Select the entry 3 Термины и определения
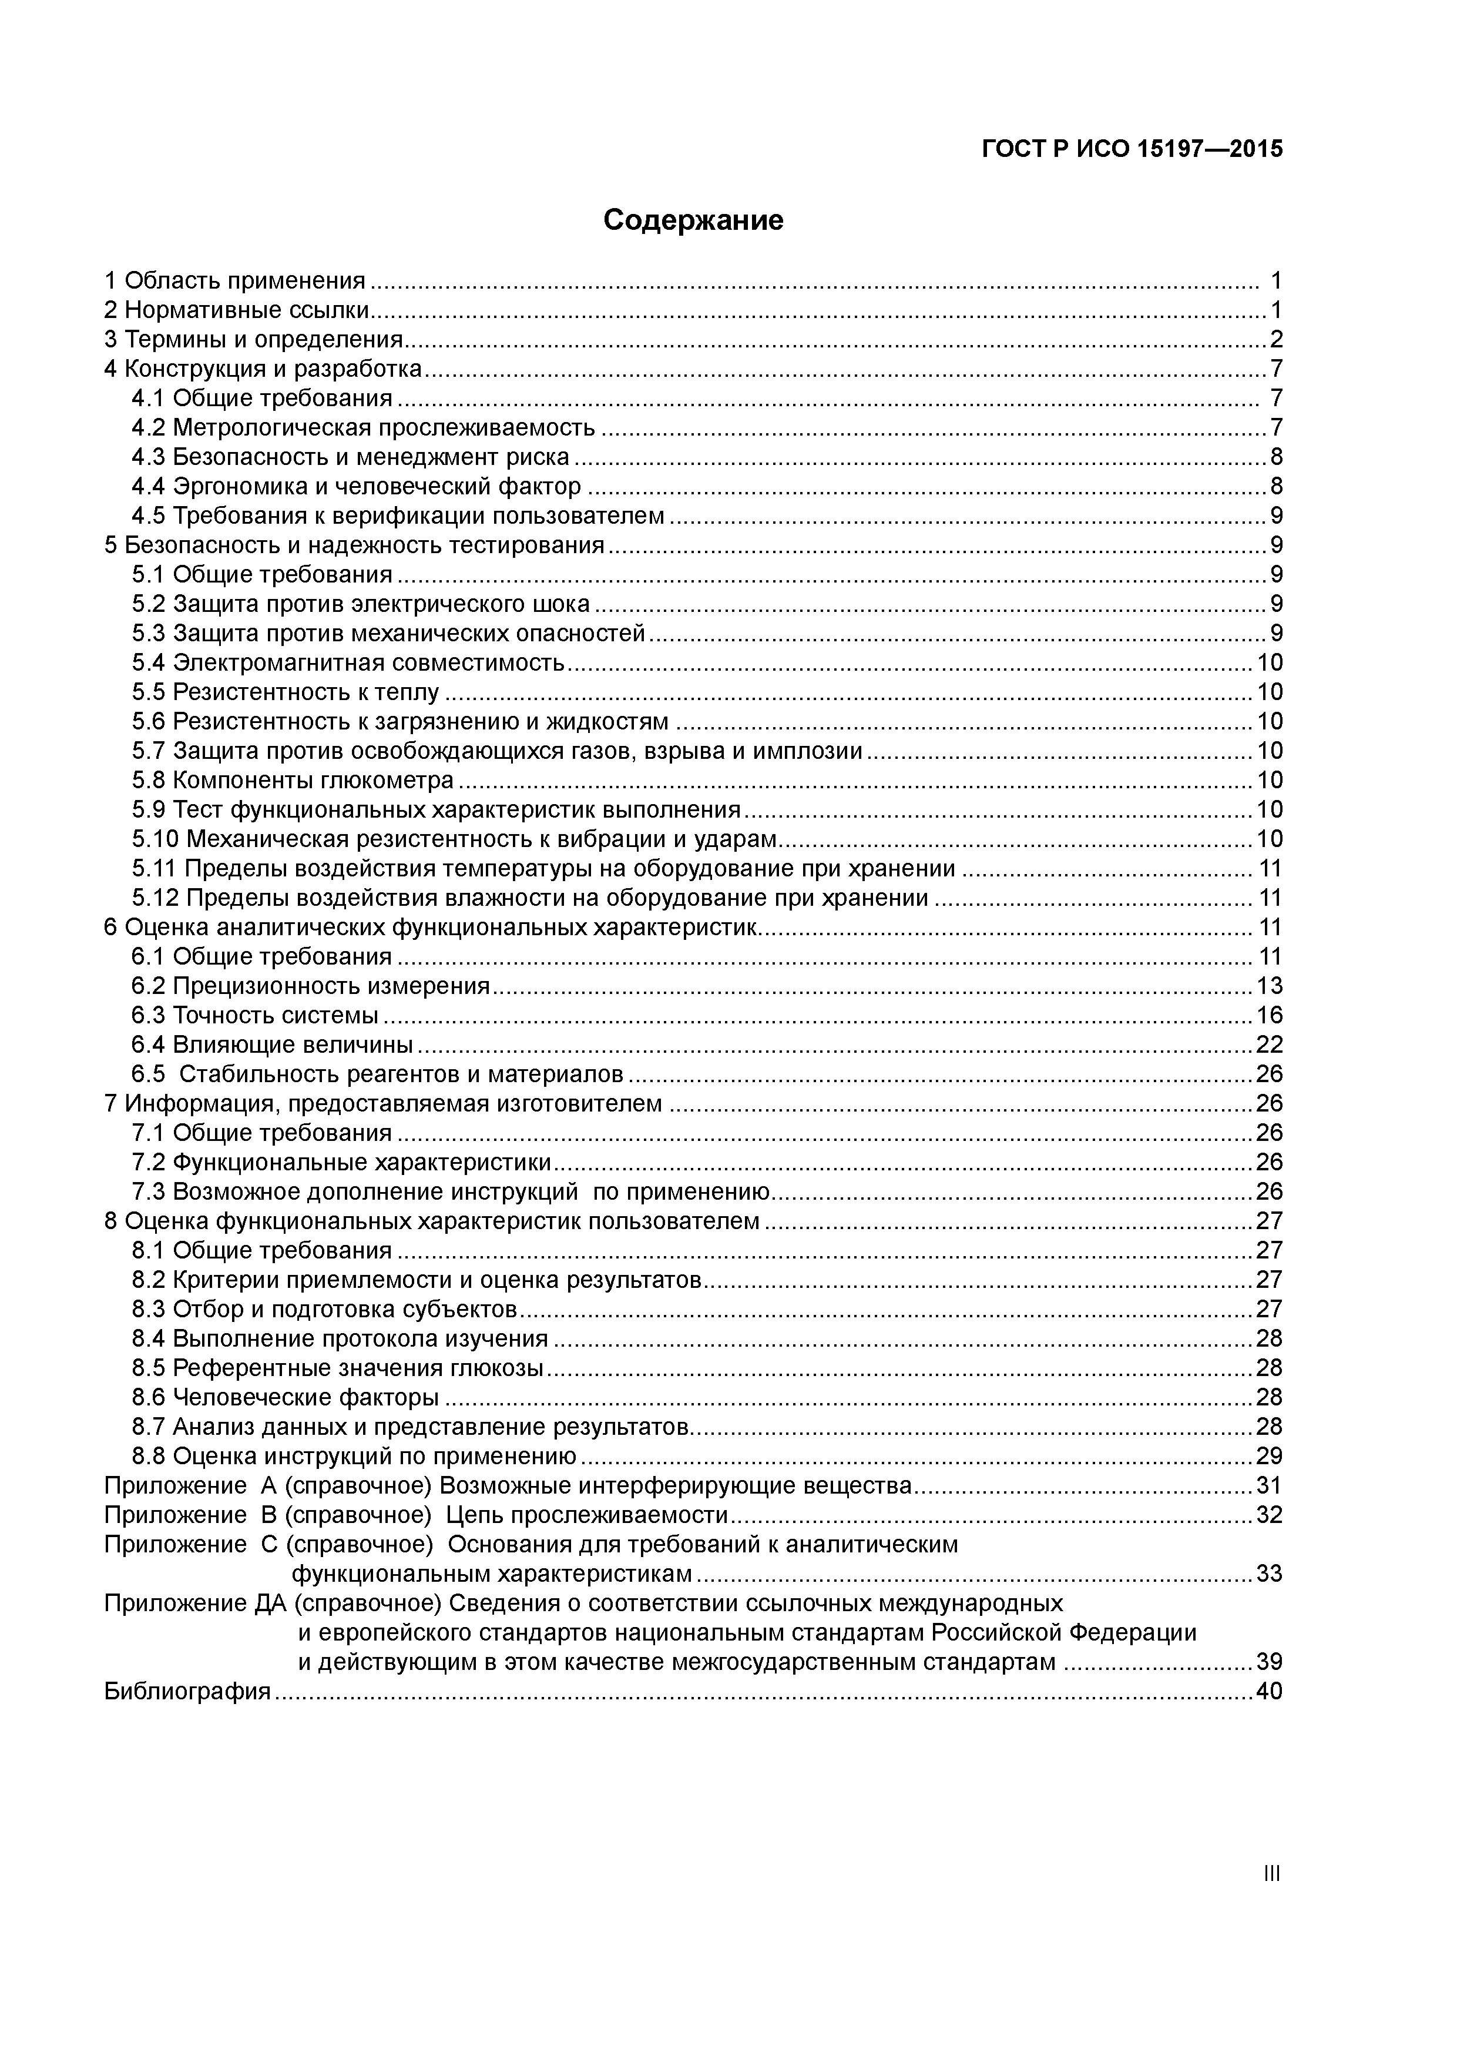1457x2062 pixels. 254,340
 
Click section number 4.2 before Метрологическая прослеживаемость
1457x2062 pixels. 149,427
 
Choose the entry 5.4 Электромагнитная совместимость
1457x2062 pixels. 348,663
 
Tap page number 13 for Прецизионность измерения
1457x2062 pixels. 1268,986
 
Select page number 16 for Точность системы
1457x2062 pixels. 1268,1016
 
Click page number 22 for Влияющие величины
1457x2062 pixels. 1268,1045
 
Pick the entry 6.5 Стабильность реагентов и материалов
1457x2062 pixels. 377,1074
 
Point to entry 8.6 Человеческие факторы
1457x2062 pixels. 286,1397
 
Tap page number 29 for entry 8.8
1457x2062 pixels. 1268,1456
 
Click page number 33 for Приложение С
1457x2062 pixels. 1268,1574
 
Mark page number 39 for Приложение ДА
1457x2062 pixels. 1268,1662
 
